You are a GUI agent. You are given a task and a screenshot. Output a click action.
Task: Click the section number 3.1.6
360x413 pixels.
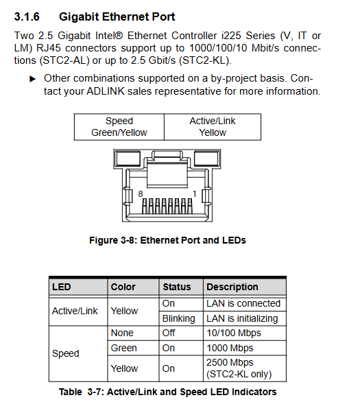click(x=27, y=16)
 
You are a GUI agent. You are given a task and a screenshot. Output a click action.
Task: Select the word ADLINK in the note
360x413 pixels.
click(x=106, y=91)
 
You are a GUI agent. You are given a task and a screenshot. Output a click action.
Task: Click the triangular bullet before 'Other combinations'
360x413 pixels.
click(x=32, y=79)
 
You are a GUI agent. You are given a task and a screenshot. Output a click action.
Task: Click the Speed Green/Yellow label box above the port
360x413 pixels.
click(x=119, y=127)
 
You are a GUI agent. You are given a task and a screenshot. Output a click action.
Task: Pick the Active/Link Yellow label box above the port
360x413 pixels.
click(x=213, y=127)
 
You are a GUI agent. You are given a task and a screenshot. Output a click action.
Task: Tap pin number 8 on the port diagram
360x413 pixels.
click(x=141, y=194)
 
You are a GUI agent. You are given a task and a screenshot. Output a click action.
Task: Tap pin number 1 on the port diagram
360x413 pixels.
click(x=195, y=194)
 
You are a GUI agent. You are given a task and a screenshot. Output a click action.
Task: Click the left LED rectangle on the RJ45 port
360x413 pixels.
click(x=128, y=158)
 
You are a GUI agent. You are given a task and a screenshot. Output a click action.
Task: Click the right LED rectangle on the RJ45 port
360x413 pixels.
click(x=206, y=158)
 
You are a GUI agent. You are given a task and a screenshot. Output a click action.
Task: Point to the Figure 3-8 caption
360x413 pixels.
click(x=167, y=240)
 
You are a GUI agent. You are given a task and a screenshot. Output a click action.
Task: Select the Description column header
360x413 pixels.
click(x=245, y=287)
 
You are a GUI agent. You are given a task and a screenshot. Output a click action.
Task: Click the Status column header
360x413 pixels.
click(x=181, y=287)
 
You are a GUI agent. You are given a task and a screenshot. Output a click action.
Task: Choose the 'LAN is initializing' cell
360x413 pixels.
click(x=245, y=318)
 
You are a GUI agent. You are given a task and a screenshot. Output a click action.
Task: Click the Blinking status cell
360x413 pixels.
click(x=181, y=318)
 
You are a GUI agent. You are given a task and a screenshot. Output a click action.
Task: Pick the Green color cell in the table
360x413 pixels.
click(x=133, y=348)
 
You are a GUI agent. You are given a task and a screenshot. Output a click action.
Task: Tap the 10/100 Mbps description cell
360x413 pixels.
click(x=245, y=333)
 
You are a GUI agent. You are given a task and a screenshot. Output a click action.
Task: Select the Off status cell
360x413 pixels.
click(x=181, y=333)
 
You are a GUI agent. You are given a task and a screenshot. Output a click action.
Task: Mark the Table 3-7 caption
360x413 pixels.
click(x=168, y=392)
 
